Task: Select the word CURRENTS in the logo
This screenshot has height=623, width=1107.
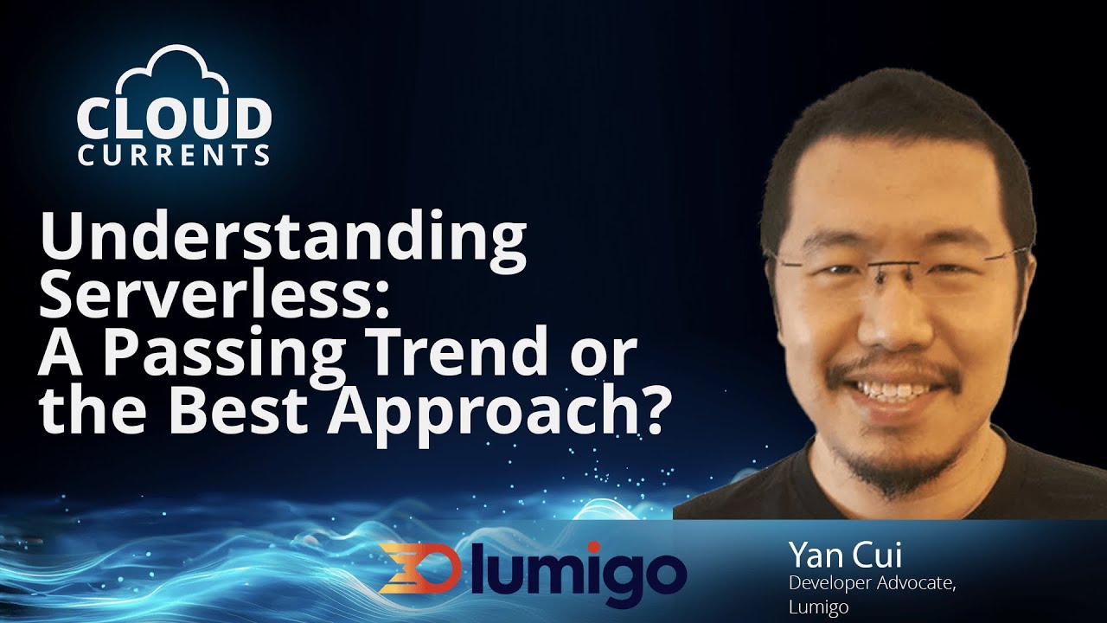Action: point(174,156)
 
